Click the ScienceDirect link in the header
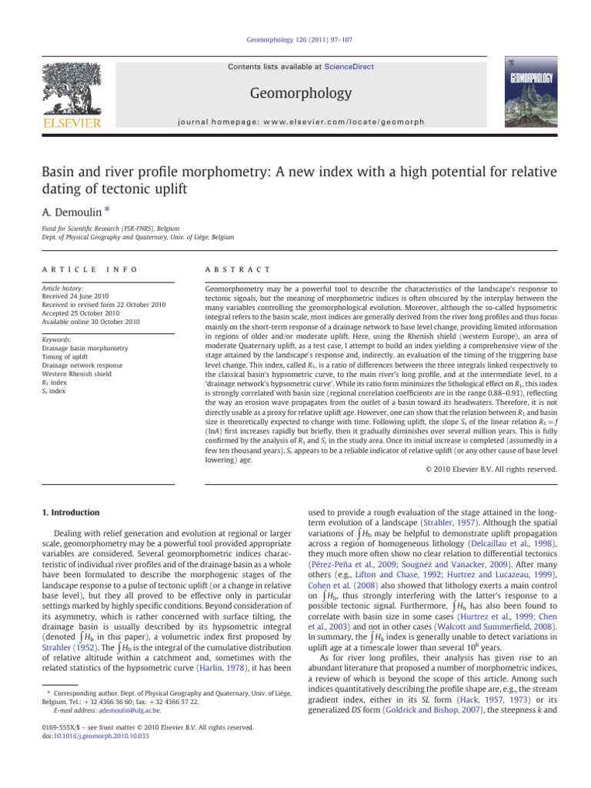[349, 67]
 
